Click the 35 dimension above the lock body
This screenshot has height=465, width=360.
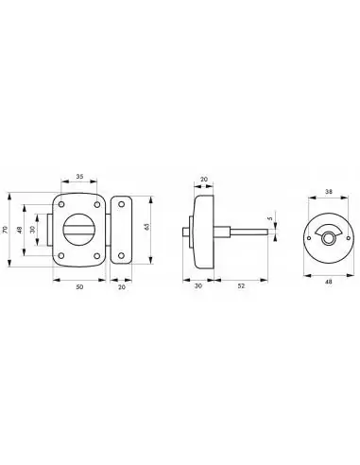[x=79, y=176]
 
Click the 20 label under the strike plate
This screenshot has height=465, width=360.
[x=123, y=287]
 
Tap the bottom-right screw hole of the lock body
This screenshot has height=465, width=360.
[x=97, y=257]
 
